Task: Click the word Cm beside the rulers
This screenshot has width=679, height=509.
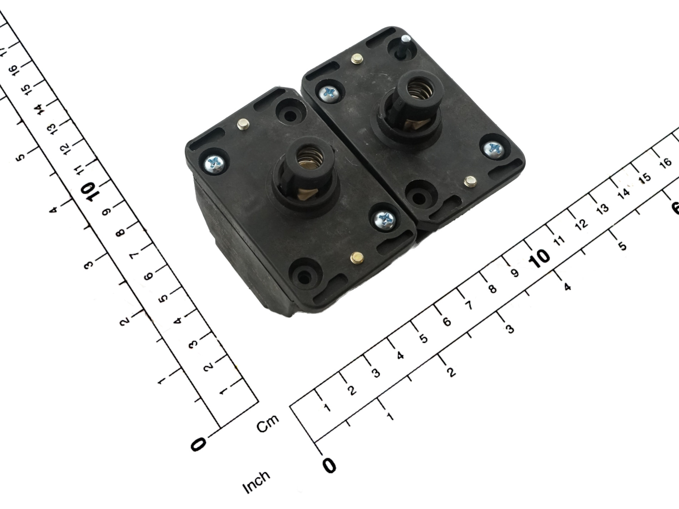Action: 268,423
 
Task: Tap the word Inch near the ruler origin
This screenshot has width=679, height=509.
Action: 256,482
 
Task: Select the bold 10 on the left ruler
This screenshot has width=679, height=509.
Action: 88,191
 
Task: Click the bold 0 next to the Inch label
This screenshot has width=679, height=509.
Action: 329,465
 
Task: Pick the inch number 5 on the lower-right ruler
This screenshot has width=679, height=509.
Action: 622,246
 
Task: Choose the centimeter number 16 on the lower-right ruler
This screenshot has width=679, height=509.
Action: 665,163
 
